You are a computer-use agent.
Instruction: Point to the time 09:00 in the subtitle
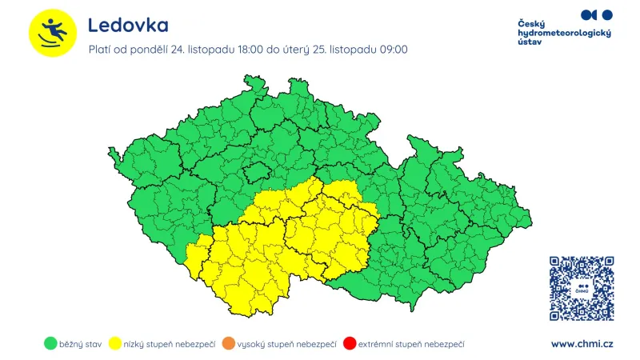(x=392, y=50)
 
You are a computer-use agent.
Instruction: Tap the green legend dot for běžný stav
(x=50, y=344)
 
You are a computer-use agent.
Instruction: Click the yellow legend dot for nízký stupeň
(x=115, y=344)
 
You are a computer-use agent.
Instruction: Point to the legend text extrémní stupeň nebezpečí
(x=410, y=344)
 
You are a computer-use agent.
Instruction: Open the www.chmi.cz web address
(x=582, y=344)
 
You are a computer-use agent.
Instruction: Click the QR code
(x=582, y=288)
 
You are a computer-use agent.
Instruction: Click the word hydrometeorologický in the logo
(x=565, y=33)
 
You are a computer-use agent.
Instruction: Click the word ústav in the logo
(x=531, y=42)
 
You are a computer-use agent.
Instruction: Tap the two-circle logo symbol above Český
(x=596, y=14)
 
